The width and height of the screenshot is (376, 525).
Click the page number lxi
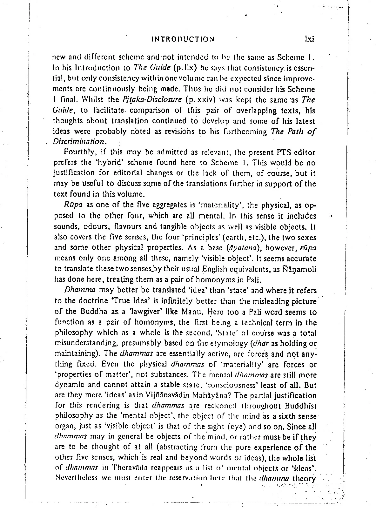[x=308, y=39]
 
